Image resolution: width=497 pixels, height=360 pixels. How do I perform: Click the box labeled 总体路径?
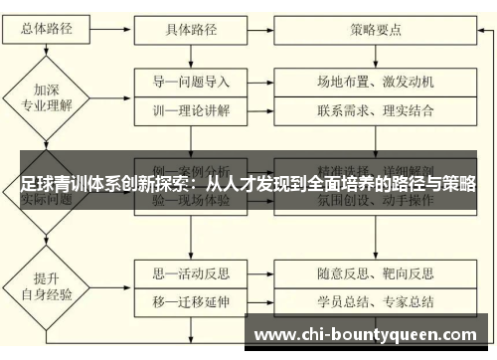point(41,29)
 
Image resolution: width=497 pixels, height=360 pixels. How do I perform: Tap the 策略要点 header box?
point(376,29)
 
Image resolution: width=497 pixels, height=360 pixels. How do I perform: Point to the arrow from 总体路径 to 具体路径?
point(104,29)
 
